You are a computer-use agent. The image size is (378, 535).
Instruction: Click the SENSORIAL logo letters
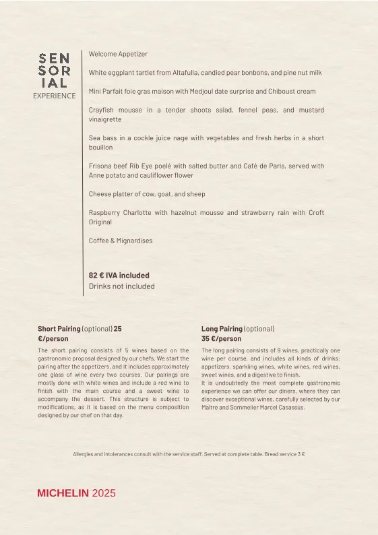click(x=54, y=71)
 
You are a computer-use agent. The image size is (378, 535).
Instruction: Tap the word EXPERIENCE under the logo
click(x=54, y=96)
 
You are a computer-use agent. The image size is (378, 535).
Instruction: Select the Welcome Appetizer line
click(x=118, y=54)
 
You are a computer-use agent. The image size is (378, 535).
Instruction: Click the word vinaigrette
click(x=105, y=119)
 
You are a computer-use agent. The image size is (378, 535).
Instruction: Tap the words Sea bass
click(x=101, y=138)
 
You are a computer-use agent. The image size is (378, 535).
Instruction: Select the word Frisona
click(x=101, y=166)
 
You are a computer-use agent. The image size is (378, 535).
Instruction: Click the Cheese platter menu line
click(x=147, y=194)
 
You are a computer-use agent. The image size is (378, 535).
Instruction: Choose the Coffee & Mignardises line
click(x=121, y=241)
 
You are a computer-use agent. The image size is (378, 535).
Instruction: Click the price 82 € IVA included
click(x=119, y=276)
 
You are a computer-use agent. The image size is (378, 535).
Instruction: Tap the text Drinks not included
click(x=122, y=286)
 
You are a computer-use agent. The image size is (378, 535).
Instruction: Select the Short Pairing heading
click(x=59, y=329)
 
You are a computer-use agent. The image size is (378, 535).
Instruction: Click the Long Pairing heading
click(x=222, y=329)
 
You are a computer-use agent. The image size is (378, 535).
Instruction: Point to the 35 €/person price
click(x=221, y=339)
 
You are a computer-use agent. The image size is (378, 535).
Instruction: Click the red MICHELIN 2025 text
click(x=76, y=493)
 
